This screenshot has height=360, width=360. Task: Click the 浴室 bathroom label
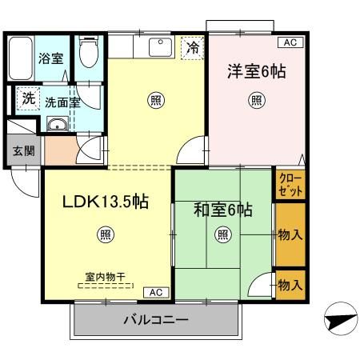(50, 58)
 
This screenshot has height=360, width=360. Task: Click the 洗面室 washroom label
(62, 102)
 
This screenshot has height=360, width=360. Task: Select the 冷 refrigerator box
(191, 48)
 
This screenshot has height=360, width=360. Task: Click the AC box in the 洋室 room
(288, 42)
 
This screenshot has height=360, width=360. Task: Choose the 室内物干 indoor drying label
(106, 277)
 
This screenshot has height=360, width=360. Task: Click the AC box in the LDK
(155, 293)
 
